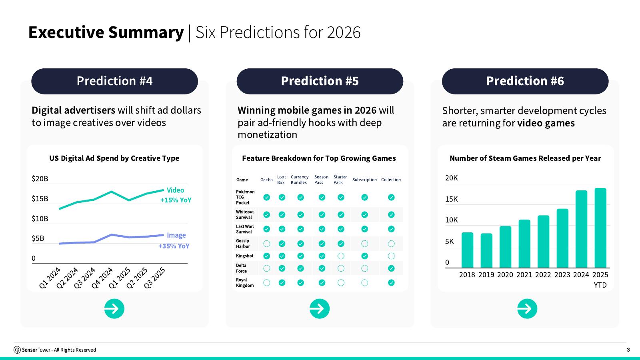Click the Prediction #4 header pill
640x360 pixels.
tap(114, 81)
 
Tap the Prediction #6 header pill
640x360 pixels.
tap(525, 81)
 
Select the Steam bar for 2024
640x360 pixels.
tap(581, 229)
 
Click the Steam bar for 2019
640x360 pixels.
tap(486, 250)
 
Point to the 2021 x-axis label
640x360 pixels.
tap(524, 274)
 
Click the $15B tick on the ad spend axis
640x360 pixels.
tap(40, 198)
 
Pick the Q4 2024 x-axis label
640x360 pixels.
tap(102, 278)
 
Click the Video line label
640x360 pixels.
tap(175, 190)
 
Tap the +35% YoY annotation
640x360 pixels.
tap(174, 246)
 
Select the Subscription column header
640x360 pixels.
tap(364, 180)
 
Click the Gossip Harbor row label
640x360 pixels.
tap(243, 244)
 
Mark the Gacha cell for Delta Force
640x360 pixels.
tap(266, 268)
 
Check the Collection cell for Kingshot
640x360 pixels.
tap(391, 256)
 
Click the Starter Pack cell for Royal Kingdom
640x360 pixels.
tap(341, 282)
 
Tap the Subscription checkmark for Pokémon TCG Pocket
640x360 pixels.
tap(364, 198)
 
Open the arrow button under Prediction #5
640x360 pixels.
tap(320, 308)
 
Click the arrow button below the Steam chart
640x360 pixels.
tap(527, 308)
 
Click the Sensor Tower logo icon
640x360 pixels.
tap(17, 350)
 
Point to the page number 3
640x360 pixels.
tap(628, 350)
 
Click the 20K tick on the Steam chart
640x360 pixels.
tap(452, 178)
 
